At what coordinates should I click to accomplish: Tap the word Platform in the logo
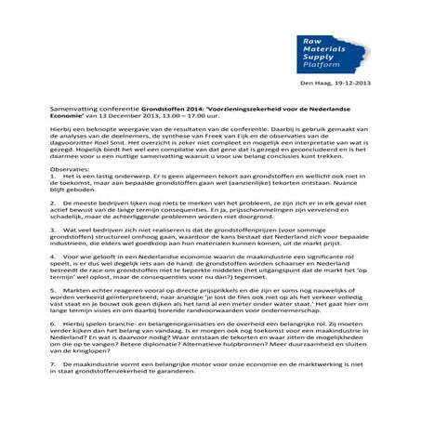[x=322, y=66]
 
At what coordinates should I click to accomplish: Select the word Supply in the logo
[x=318, y=58]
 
